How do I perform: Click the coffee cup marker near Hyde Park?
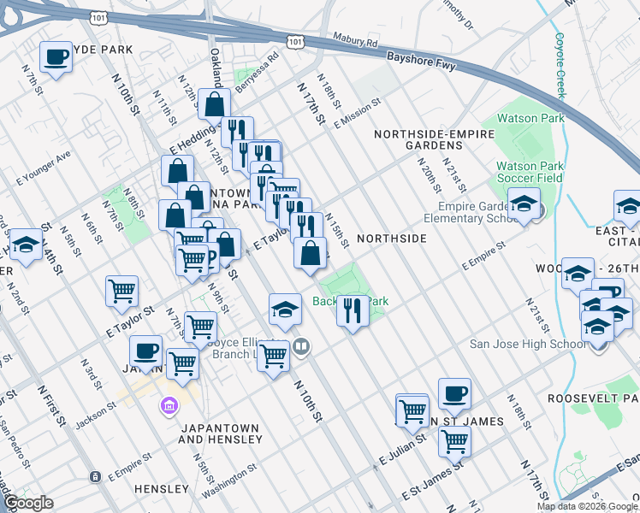pyautogui.click(x=56, y=58)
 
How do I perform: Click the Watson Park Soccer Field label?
pyautogui.click(x=530, y=172)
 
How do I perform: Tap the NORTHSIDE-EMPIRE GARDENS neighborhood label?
pyautogui.click(x=434, y=140)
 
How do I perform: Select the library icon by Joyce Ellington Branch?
pyautogui.click(x=300, y=346)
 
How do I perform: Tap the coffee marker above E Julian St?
pyautogui.click(x=454, y=395)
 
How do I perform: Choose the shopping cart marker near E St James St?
pyautogui.click(x=454, y=441)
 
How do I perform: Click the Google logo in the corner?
pyautogui.click(x=27, y=503)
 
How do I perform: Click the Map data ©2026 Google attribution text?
pyautogui.click(x=586, y=506)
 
